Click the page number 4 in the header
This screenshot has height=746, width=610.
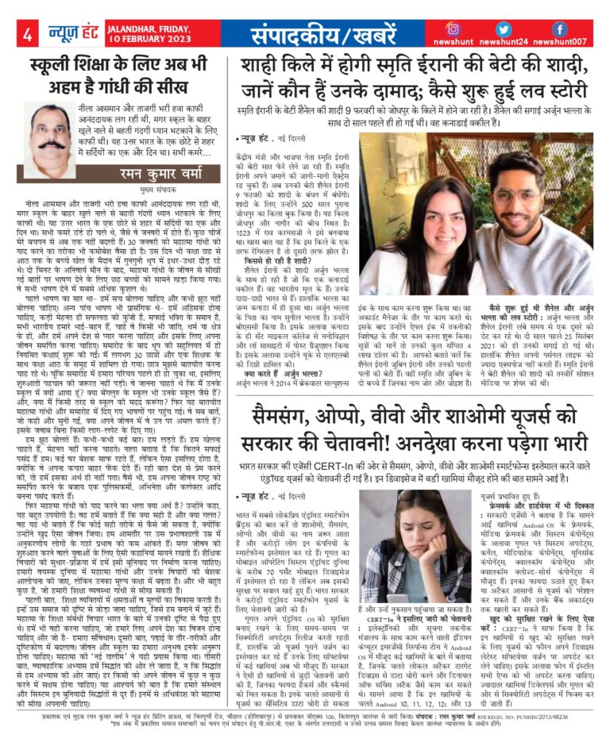pos(28,35)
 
